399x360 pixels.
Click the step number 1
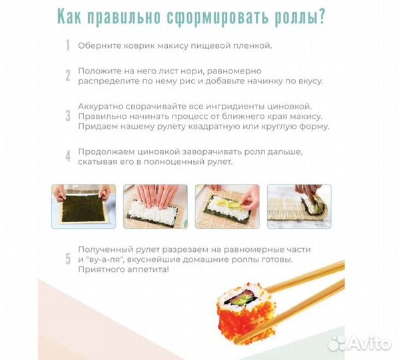pos(67,46)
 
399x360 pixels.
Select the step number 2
pos(67,75)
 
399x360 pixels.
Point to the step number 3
pos(67,116)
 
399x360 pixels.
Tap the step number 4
pos(67,157)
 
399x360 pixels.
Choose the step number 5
pos(67,259)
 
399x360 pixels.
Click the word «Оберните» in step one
pos(99,46)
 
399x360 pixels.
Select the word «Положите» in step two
pos(100,71)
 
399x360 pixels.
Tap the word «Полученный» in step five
pos(105,249)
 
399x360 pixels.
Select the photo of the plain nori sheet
pos(83,206)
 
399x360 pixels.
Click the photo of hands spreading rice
pos(155,206)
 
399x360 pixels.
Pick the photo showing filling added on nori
pos(226,206)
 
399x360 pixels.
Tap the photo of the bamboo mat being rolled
pos(299,206)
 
